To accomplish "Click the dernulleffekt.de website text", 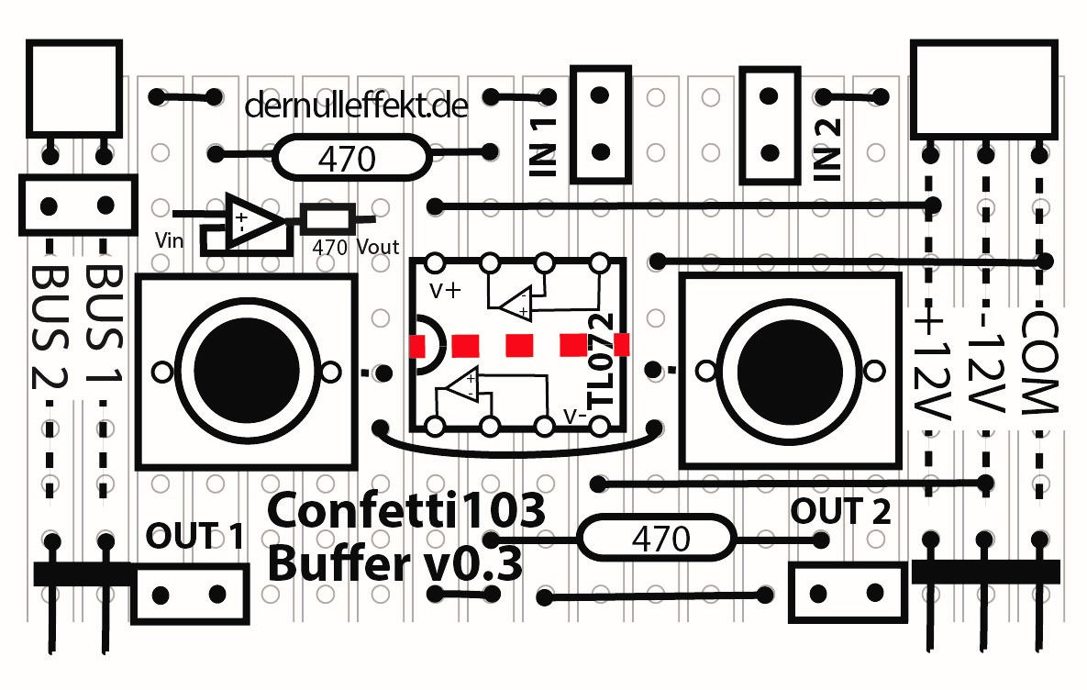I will (357, 107).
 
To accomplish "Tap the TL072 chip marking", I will (601, 362).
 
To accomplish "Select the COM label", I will (1039, 362).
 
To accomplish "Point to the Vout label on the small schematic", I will (377, 246).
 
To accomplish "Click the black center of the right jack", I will (789, 370).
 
